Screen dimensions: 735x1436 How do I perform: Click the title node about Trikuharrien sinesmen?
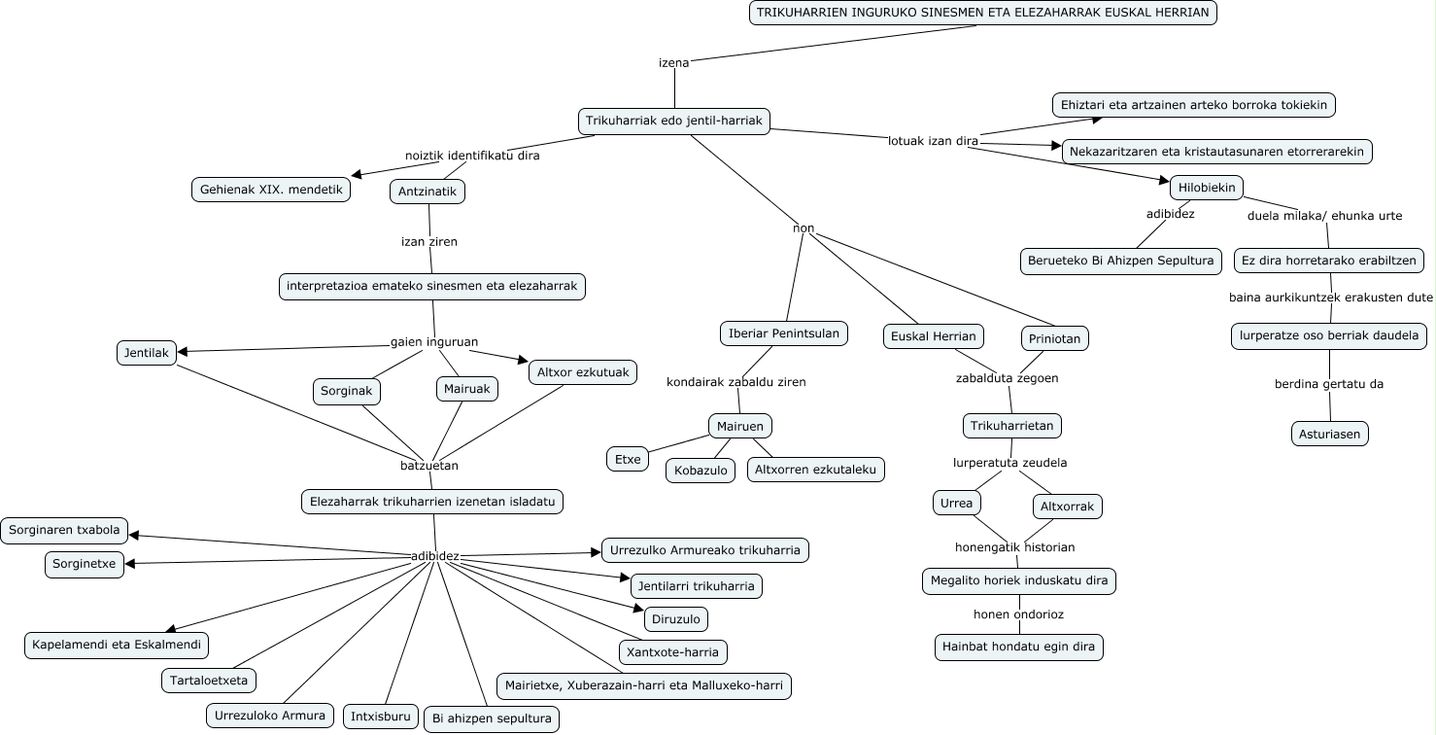tap(982, 13)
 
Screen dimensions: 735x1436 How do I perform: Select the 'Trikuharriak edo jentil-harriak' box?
tap(673, 122)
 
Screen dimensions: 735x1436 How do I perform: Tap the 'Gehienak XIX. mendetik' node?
tap(270, 190)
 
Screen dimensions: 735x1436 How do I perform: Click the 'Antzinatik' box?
tap(427, 192)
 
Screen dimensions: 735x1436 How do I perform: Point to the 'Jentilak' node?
tap(147, 353)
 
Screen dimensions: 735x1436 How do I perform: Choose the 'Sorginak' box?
tap(347, 392)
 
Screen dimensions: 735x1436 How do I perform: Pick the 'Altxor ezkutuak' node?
tap(583, 371)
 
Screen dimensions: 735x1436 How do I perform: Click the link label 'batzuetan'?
tap(429, 466)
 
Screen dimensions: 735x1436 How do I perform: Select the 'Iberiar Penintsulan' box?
tap(784, 333)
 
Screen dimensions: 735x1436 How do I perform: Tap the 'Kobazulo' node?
tap(701, 471)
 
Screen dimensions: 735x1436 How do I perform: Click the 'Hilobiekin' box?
tap(1206, 188)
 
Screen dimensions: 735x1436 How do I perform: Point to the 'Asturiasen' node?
tap(1330, 434)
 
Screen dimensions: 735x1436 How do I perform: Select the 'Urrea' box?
tap(957, 503)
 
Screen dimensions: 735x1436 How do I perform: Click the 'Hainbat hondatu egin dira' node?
tap(1019, 647)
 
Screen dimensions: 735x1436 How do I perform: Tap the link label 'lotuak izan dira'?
tap(933, 141)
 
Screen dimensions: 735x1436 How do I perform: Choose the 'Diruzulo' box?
tap(676, 618)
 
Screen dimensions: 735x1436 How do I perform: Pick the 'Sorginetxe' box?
tap(85, 565)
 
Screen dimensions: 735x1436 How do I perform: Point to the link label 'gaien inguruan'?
tap(434, 341)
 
